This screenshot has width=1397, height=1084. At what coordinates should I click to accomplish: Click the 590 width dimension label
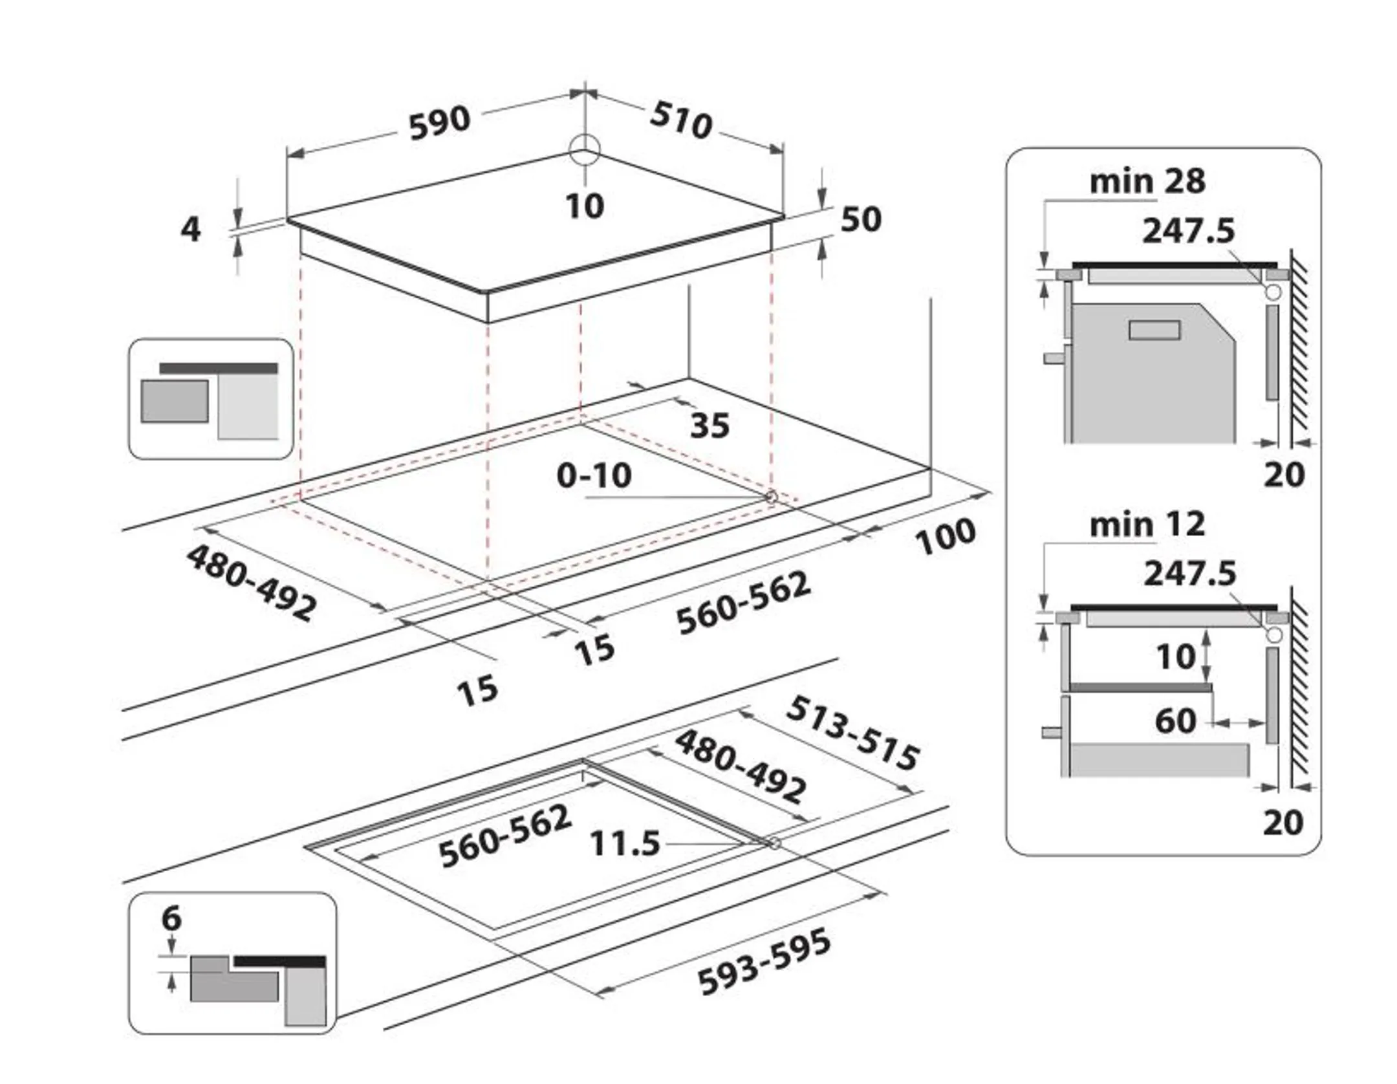[x=439, y=123]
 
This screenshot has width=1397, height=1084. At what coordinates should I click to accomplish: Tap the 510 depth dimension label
[x=681, y=121]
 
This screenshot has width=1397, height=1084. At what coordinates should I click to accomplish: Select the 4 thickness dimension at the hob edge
[x=190, y=228]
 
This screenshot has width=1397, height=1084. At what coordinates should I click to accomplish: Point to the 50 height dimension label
[x=861, y=219]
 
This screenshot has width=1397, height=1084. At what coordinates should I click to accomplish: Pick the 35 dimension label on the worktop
[x=709, y=426]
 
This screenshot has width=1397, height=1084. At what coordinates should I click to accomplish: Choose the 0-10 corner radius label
[x=594, y=476]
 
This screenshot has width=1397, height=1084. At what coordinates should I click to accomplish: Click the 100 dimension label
[x=946, y=536]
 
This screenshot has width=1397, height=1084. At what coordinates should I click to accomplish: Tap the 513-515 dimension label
[x=852, y=734]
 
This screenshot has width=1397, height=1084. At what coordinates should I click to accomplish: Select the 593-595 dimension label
[x=764, y=962]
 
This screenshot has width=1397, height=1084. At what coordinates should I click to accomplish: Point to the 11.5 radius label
[x=625, y=843]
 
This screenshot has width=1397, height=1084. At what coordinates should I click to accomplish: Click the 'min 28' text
[x=1147, y=182]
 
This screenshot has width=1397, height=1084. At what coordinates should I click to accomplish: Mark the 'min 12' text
[x=1147, y=525]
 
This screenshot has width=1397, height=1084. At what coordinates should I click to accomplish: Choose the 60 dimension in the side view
[x=1175, y=721]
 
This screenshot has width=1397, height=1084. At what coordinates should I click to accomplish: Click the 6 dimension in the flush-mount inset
[x=171, y=918]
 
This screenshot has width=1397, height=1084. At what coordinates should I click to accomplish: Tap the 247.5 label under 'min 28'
[x=1188, y=231]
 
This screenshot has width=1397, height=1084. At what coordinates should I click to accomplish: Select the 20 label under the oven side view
[x=1284, y=475]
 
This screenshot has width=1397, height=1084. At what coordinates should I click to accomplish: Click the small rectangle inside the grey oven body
[x=1154, y=330]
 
